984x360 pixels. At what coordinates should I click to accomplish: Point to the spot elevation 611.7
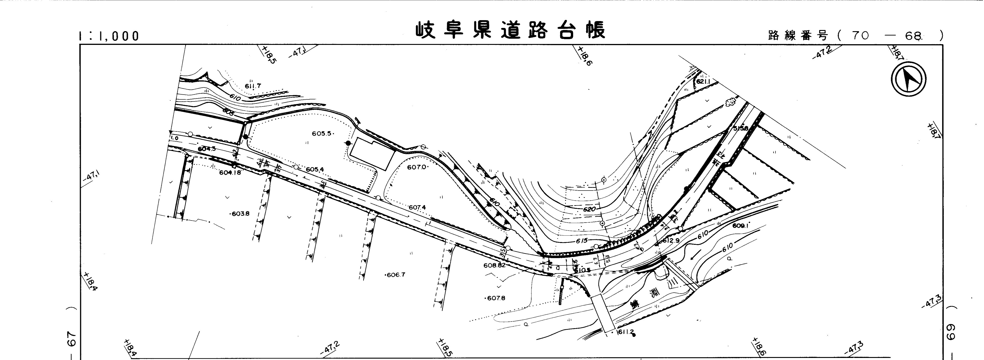click(253, 86)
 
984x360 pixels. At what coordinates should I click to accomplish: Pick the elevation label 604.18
click(230, 172)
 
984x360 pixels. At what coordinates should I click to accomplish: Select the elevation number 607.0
click(417, 167)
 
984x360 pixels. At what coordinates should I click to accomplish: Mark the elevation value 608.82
click(494, 265)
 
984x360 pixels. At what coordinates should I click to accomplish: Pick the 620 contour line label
click(589, 209)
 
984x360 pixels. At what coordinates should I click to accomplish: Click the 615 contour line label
click(582, 241)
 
